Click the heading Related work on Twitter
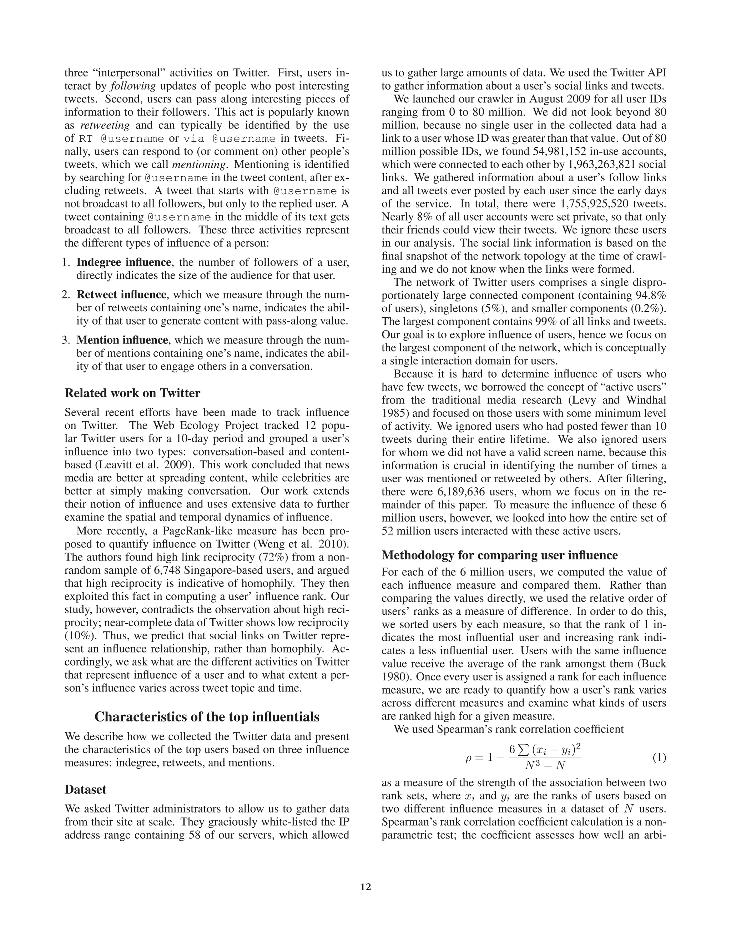[132, 393]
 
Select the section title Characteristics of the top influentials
[207, 716]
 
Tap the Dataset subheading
[85, 789]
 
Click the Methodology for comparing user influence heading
[499, 555]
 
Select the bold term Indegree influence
[123, 262]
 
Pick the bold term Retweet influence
[121, 295]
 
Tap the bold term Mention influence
[122, 340]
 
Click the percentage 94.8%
[650, 296]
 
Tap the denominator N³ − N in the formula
[545, 765]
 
